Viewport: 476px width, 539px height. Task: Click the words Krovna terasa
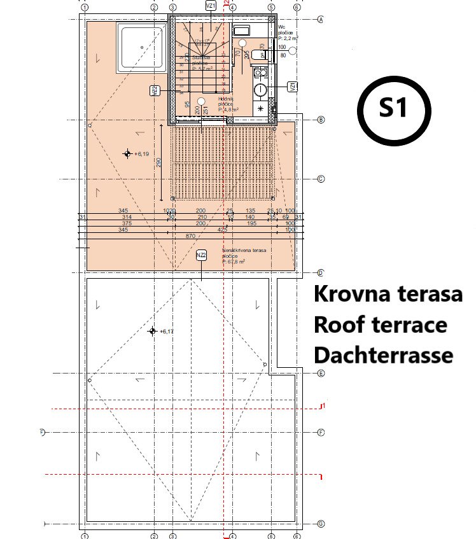click(388, 296)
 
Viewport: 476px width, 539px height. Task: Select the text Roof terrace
click(380, 325)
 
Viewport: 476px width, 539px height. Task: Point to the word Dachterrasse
click(383, 354)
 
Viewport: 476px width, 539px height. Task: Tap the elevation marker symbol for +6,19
click(127, 153)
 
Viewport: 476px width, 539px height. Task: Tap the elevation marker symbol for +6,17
click(152, 331)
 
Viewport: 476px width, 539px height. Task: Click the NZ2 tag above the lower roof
click(201, 255)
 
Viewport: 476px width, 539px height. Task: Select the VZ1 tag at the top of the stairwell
click(211, 6)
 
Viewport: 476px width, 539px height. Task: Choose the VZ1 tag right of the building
click(292, 87)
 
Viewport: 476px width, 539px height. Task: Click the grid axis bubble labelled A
click(321, 20)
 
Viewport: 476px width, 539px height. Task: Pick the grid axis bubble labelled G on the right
click(321, 524)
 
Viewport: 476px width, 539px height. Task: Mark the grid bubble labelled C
click(321, 179)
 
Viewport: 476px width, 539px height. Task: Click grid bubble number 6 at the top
click(297, 8)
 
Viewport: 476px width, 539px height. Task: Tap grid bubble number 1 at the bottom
click(84, 536)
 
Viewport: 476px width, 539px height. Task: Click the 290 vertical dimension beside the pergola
click(159, 162)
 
